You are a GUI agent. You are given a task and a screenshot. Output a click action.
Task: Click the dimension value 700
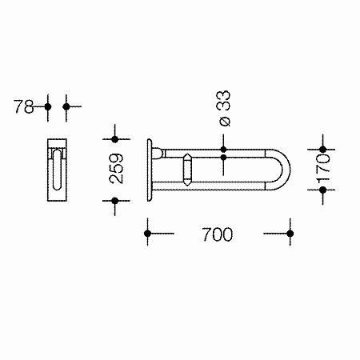217,234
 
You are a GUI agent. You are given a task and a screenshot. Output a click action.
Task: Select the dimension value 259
117,168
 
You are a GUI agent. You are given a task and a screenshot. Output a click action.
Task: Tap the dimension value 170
323,169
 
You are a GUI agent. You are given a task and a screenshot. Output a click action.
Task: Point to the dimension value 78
24,106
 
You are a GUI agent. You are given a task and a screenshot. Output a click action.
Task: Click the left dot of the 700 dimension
147,234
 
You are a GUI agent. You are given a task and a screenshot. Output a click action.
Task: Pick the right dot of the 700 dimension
290,234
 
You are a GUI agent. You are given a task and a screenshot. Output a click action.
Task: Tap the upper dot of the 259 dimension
115,139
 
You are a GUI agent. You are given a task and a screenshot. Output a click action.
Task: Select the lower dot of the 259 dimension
115,201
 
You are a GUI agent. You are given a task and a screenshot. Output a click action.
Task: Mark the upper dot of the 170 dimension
323,150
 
